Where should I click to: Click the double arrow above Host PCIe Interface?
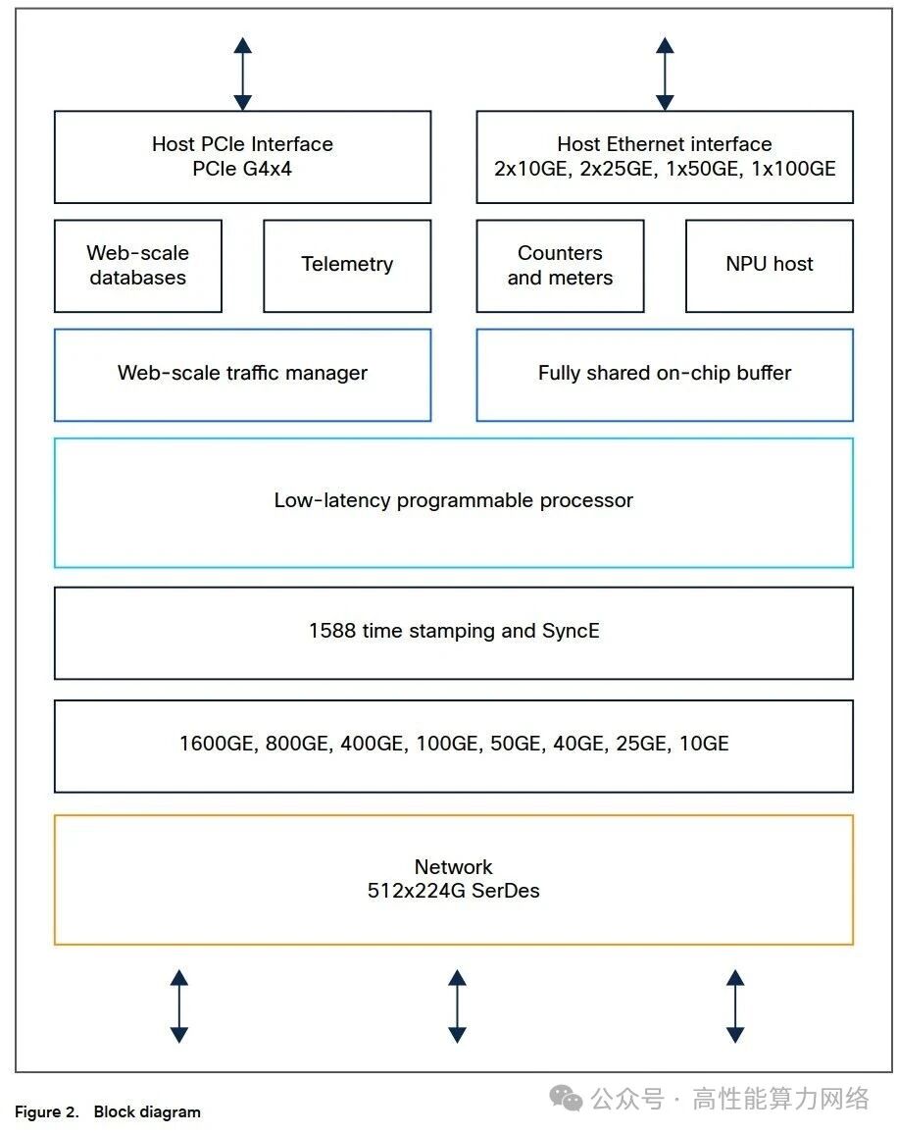(243, 74)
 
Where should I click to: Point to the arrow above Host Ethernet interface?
(665, 74)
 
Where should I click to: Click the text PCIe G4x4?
(242, 169)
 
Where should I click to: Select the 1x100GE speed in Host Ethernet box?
(793, 169)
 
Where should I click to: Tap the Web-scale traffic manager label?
(242, 373)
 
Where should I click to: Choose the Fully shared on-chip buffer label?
(665, 373)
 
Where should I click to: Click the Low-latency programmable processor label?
(454, 500)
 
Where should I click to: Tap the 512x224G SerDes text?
(454, 891)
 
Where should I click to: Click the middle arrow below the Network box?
(457, 1006)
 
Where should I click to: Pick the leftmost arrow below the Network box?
(179, 1006)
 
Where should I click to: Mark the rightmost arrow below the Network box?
(735, 1006)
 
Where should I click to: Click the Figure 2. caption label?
(47, 1111)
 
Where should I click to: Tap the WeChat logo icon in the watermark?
(566, 1098)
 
